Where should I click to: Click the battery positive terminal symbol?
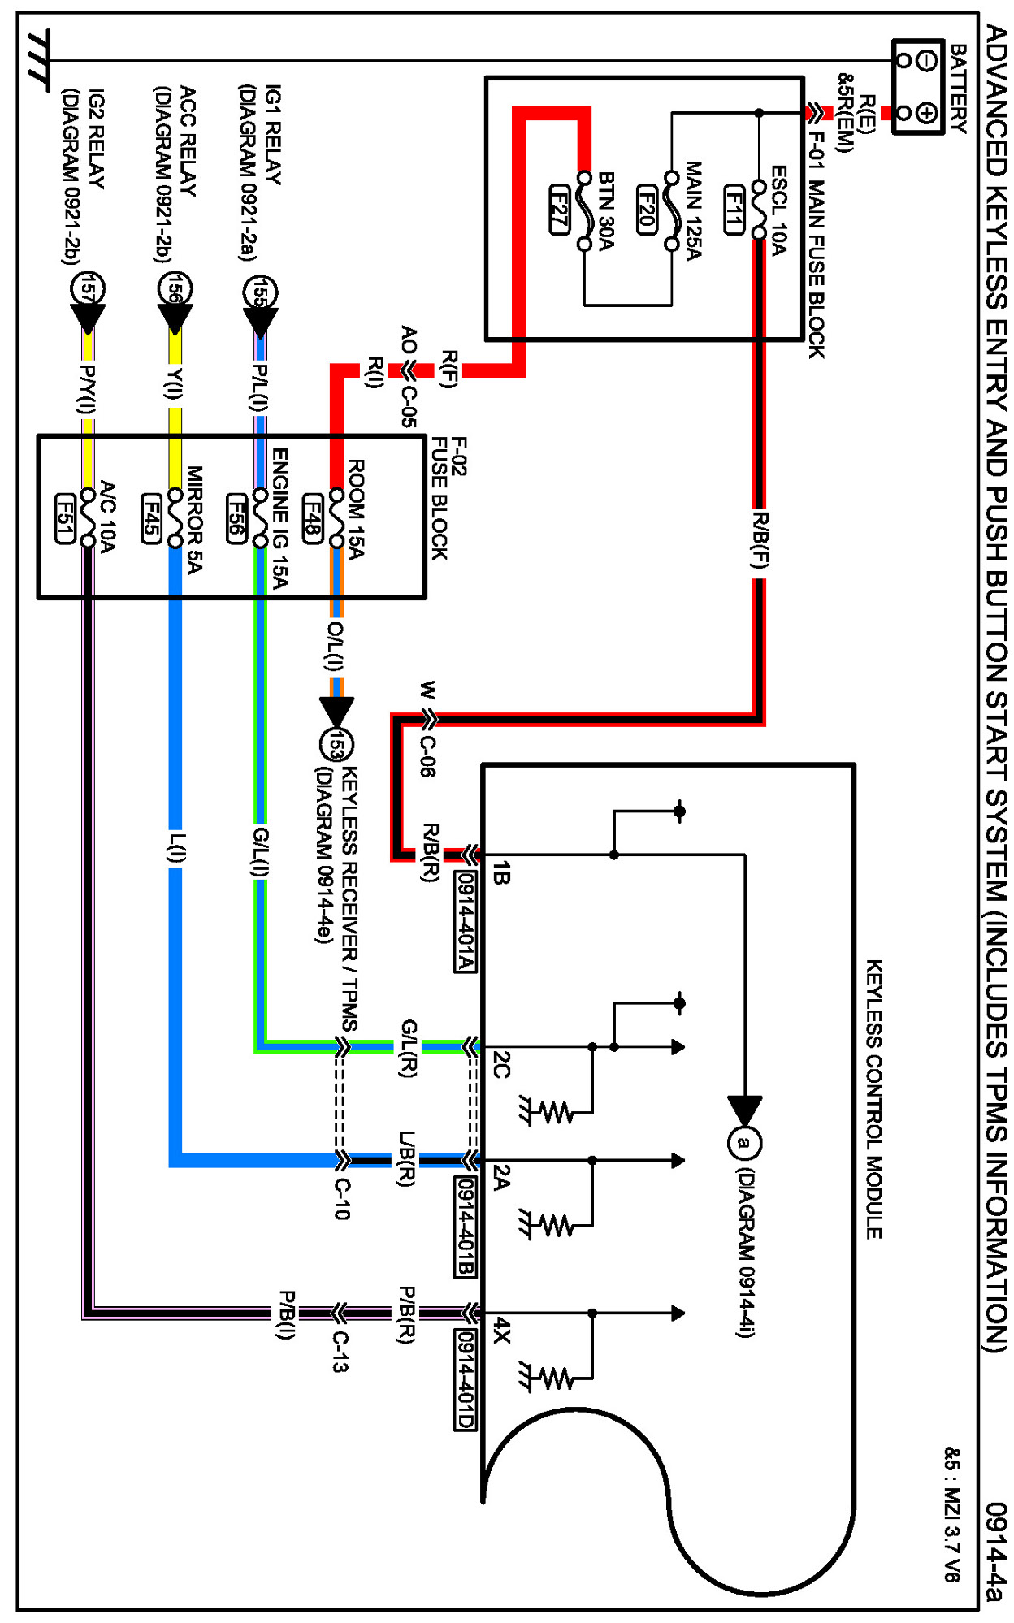(926, 112)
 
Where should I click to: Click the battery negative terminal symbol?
(926, 60)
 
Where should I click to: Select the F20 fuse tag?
(647, 209)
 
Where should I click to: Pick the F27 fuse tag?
(559, 209)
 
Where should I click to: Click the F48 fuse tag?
(313, 517)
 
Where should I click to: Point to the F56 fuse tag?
(236, 517)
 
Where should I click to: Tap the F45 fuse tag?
(150, 517)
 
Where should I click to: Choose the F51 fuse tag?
(64, 517)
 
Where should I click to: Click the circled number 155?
(260, 292)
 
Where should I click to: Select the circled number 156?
(175, 288)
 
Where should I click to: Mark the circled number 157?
(88, 288)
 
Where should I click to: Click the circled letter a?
(743, 1144)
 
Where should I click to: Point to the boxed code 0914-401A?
(466, 921)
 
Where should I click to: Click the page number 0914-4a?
(994, 1552)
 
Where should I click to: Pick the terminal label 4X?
(502, 1330)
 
